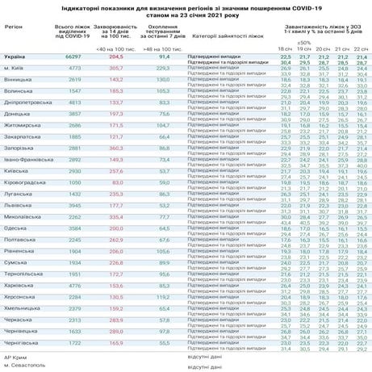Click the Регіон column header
(15, 25)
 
